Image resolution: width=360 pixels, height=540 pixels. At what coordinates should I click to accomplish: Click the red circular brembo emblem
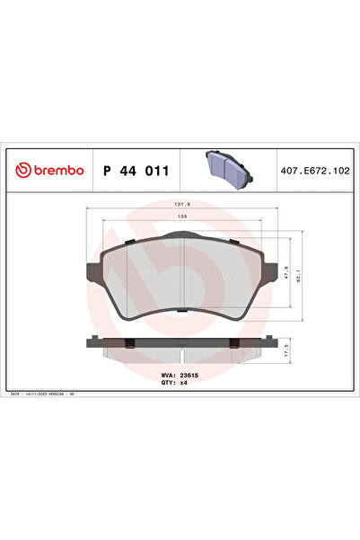point(21,170)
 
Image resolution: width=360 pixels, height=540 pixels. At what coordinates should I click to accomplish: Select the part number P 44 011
point(136,170)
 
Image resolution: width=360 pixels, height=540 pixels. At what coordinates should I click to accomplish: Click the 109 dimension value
point(181,217)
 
